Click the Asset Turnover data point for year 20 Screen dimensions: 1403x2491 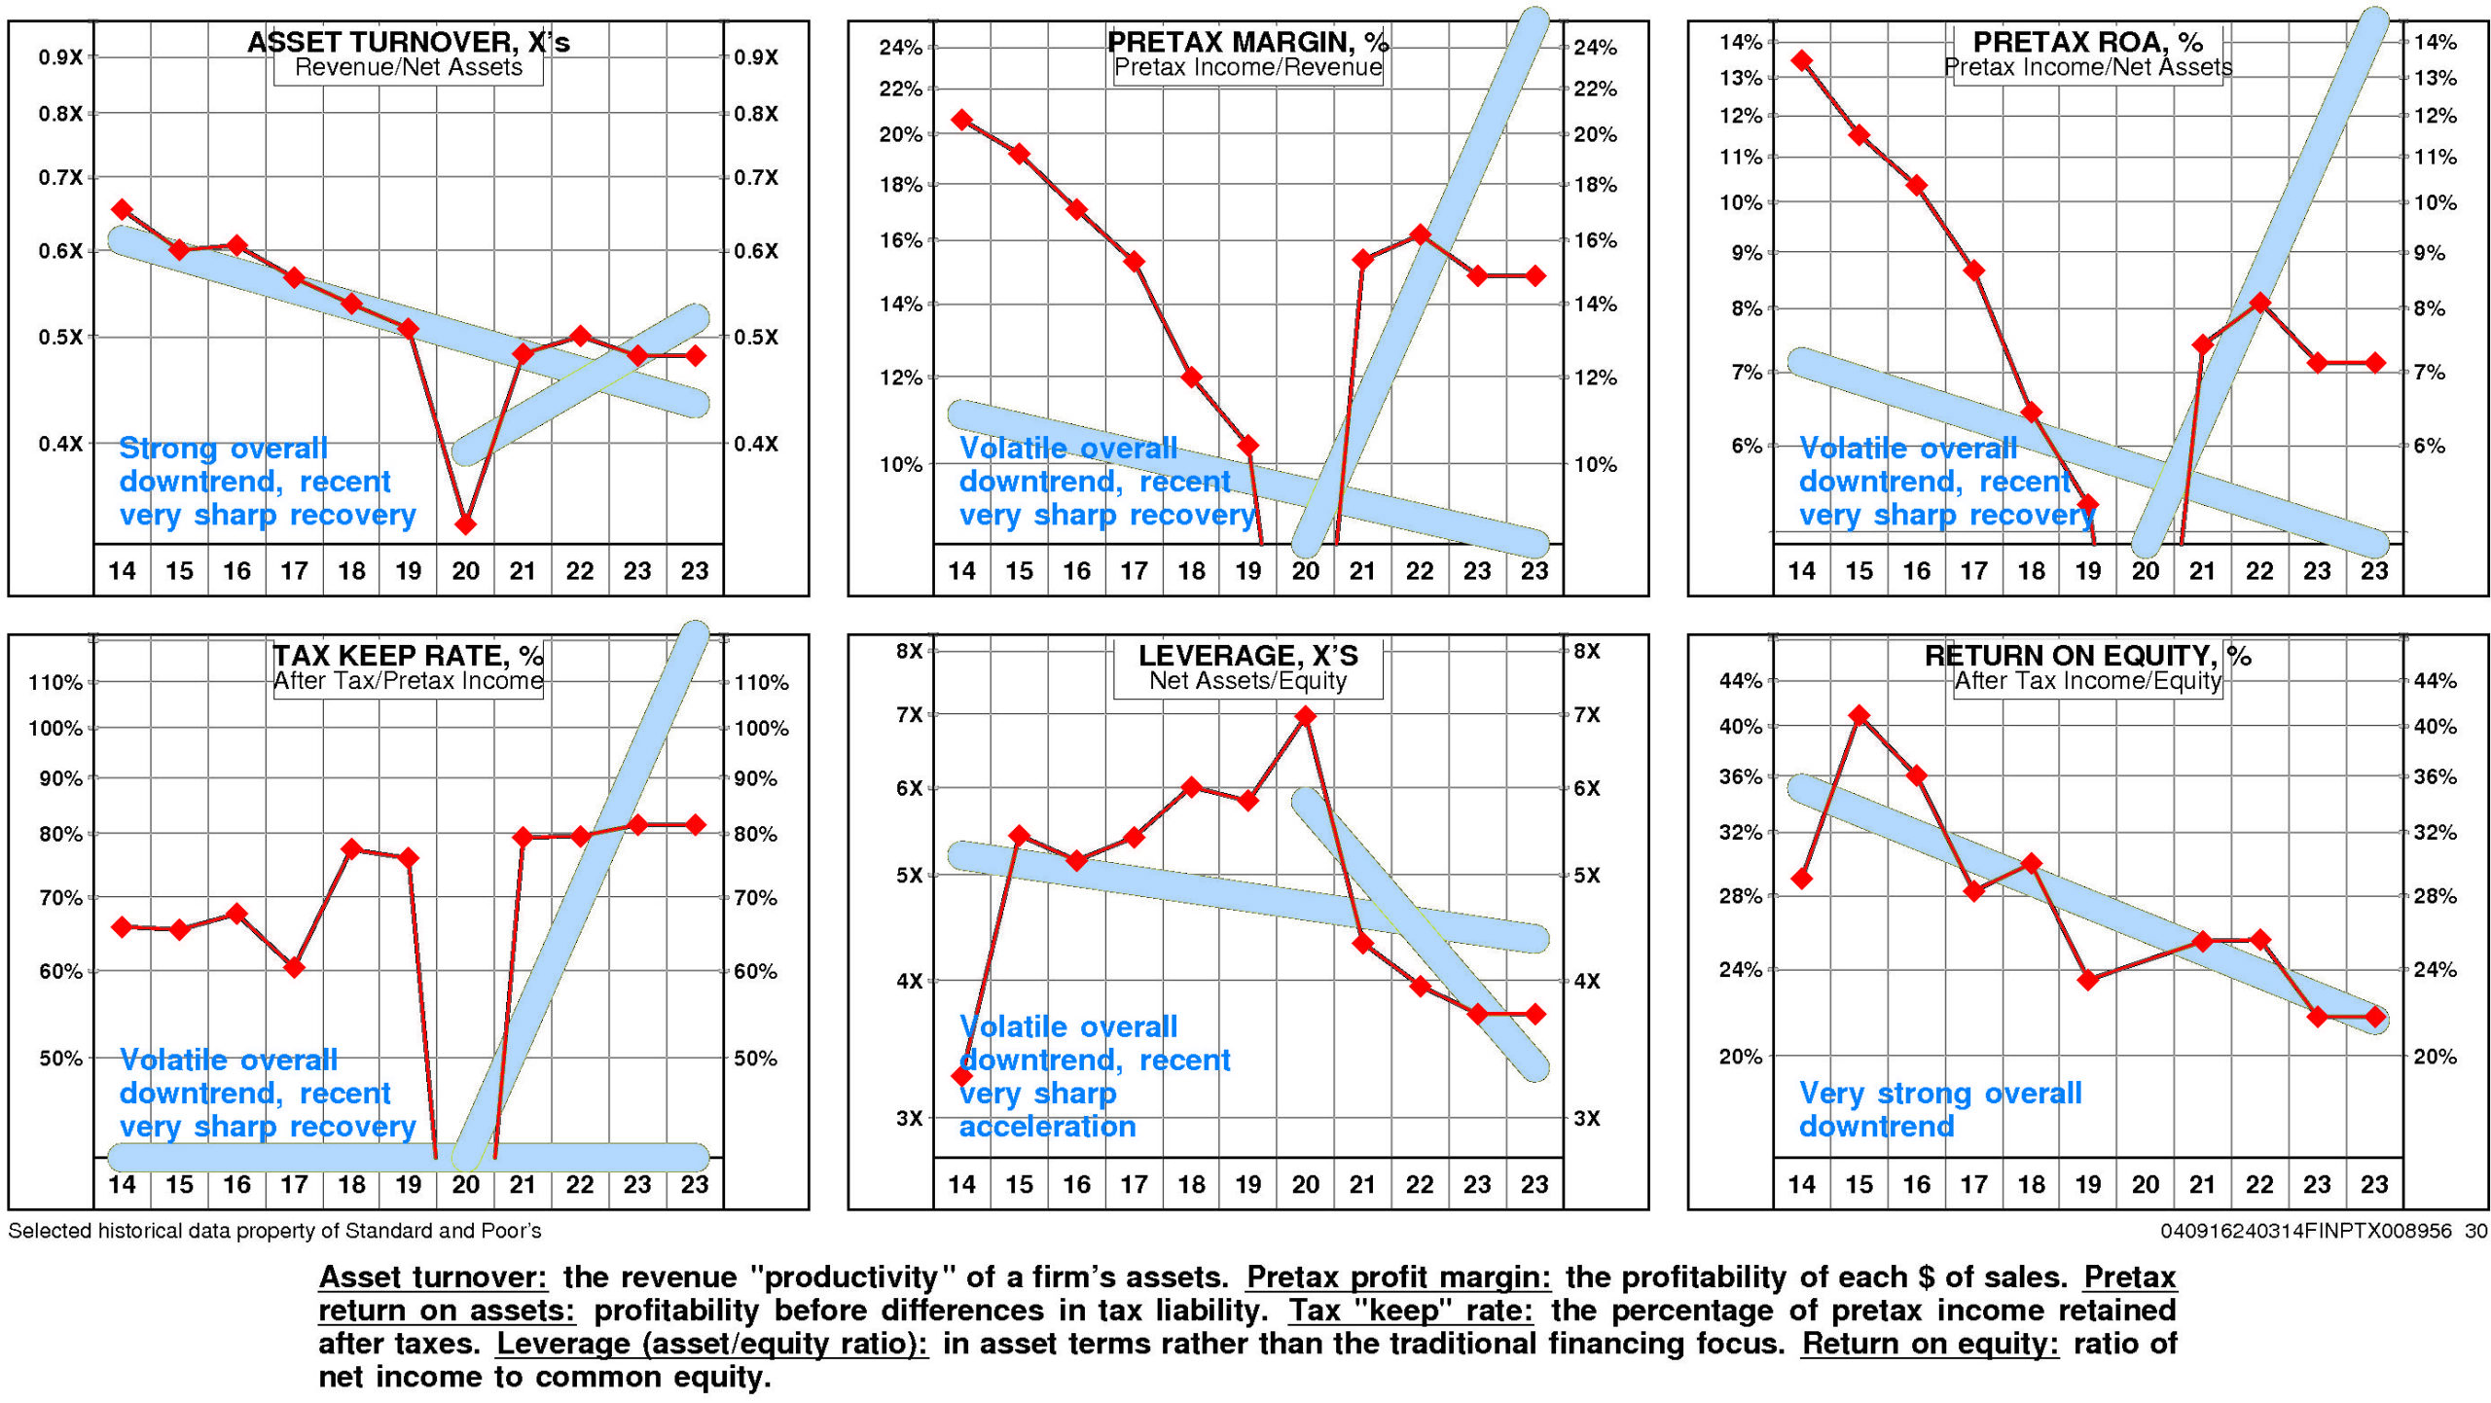[465, 524]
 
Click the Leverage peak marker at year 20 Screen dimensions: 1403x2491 [1305, 716]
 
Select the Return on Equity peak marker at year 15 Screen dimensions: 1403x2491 [1859, 716]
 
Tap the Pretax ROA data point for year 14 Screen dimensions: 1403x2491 [1801, 60]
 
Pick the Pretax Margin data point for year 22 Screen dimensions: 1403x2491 [1420, 234]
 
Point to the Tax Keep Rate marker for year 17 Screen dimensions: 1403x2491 [294, 967]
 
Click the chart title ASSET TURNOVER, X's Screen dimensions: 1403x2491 [408, 42]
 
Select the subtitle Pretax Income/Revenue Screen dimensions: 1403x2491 [1247, 67]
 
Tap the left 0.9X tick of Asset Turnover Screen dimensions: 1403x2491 [60, 57]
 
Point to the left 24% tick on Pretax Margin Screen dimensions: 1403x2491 [900, 47]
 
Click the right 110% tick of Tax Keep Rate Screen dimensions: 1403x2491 [761, 683]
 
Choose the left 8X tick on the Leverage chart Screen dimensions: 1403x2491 [909, 651]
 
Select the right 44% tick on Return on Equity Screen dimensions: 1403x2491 [2435, 681]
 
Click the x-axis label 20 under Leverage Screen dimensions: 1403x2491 [1305, 1184]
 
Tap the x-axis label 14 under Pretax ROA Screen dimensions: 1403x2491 [1801, 571]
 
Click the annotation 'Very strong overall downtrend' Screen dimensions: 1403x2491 [1939, 1109]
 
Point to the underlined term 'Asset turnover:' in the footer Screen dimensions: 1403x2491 [433, 1277]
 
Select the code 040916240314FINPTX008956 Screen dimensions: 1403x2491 [2305, 1231]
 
